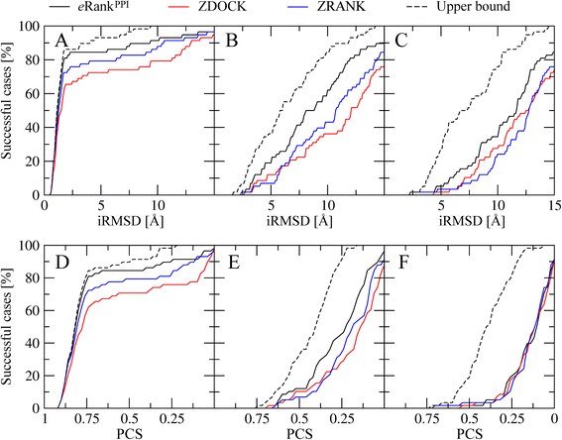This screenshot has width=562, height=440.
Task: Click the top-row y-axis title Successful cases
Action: (10, 112)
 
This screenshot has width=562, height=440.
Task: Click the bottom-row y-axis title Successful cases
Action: (10, 328)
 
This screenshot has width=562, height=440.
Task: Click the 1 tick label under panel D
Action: (45, 420)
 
